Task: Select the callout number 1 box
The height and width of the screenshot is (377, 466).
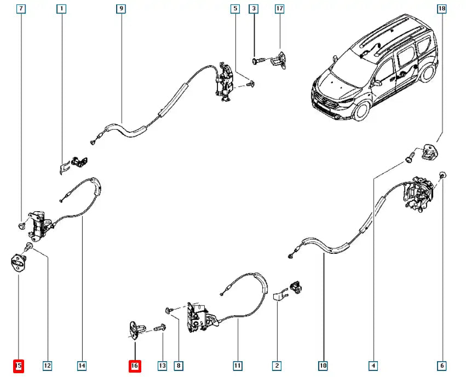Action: tap(61, 9)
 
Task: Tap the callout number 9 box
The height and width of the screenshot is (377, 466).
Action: tap(121, 9)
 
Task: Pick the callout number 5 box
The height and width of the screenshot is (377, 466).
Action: tap(235, 9)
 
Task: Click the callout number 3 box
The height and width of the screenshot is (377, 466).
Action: tap(254, 9)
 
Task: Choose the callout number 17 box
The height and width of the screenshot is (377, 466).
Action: tap(279, 9)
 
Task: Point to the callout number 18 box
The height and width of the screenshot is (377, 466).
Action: tap(442, 9)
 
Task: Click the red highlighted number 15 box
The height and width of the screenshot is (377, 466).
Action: tap(19, 366)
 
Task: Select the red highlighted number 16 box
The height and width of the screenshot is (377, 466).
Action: tap(135, 366)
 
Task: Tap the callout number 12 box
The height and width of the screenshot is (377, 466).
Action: tap(47, 366)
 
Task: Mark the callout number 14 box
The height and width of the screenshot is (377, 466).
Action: tap(82, 366)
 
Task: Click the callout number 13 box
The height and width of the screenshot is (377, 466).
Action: tap(162, 366)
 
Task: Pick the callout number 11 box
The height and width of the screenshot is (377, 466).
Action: tap(237, 366)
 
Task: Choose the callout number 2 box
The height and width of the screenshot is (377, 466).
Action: tap(277, 366)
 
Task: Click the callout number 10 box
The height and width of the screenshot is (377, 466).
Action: tap(323, 366)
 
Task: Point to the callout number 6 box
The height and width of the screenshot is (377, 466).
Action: tap(442, 366)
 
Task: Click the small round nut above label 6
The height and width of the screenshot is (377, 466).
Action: tap(442, 175)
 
